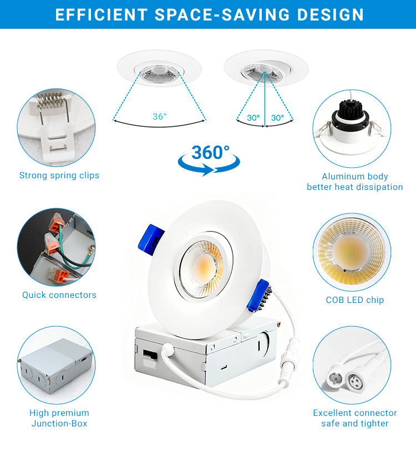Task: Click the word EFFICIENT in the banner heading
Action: (x=102, y=14)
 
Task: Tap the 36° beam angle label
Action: (x=159, y=116)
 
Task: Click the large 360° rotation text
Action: (x=210, y=152)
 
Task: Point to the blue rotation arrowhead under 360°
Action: (x=207, y=169)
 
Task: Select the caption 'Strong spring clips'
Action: (x=59, y=176)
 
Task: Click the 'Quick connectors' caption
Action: (x=59, y=295)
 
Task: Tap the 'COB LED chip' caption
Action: (x=355, y=300)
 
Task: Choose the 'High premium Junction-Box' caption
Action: (x=59, y=418)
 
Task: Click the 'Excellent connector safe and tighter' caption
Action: (x=355, y=418)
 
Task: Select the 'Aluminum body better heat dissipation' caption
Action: (x=355, y=182)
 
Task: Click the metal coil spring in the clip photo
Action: (x=50, y=100)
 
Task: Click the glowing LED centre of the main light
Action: (x=204, y=267)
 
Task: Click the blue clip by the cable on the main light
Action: (x=258, y=295)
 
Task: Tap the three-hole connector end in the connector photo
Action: (x=354, y=382)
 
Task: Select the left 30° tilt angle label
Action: (x=253, y=117)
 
